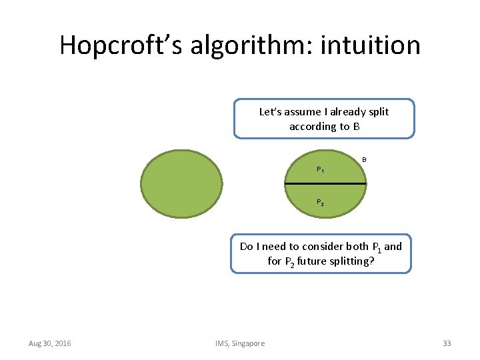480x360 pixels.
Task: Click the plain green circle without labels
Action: (183, 183)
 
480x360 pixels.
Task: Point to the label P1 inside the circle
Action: (321, 170)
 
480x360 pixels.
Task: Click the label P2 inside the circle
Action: (321, 202)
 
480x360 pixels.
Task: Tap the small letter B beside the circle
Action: (364, 159)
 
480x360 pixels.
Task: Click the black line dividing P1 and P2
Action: (325, 183)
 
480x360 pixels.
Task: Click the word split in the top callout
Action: (377, 111)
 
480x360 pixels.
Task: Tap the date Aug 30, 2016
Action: (50, 343)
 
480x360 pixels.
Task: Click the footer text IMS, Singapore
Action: (240, 343)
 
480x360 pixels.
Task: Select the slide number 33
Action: (447, 343)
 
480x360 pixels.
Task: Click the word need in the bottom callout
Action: (275, 246)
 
